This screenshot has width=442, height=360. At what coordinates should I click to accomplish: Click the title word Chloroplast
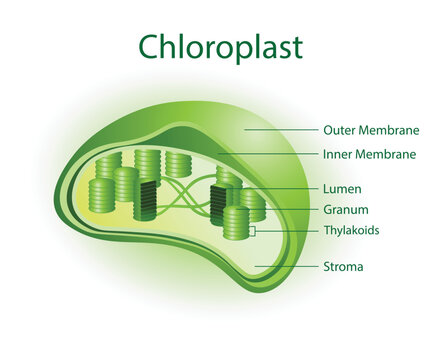[220, 46]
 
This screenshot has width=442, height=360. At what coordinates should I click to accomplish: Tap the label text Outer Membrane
[370, 129]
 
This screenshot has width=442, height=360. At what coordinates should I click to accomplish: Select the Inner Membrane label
[369, 154]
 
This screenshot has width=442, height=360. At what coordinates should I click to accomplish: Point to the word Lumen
[342, 188]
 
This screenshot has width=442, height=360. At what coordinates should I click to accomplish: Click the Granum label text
[346, 210]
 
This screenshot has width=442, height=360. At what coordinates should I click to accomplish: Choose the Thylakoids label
[351, 230]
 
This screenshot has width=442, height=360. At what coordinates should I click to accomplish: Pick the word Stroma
[342, 267]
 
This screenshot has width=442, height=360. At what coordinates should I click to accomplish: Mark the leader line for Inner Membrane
[270, 154]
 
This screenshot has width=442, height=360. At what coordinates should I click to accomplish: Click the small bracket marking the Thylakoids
[255, 231]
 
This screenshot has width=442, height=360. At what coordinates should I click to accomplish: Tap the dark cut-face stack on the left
[149, 200]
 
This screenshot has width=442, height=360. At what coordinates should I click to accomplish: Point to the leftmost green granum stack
[101, 195]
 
